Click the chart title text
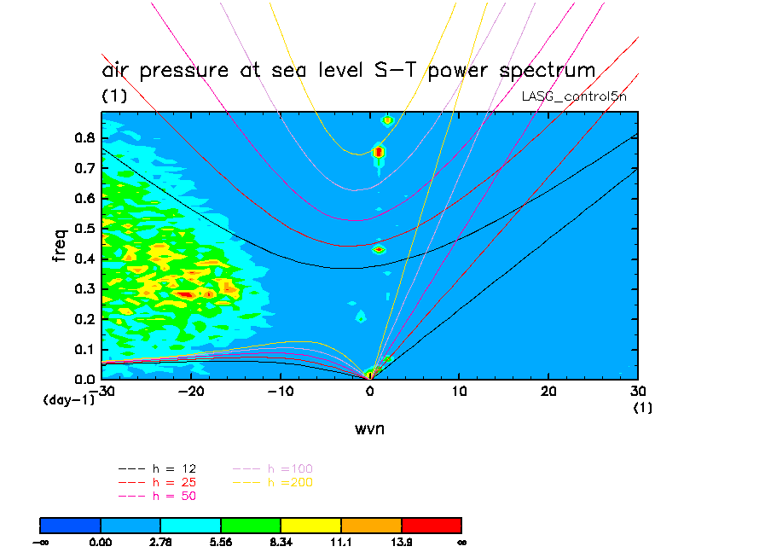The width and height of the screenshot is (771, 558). (348, 70)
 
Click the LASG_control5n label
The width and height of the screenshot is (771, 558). (579, 96)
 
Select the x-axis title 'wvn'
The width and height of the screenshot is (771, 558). (369, 428)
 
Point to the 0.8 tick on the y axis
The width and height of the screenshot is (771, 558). (83, 137)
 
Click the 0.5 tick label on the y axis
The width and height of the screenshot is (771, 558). (83, 229)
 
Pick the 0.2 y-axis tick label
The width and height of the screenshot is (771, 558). (83, 319)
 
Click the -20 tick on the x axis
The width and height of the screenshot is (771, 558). (191, 391)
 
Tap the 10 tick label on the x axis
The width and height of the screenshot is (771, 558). (459, 391)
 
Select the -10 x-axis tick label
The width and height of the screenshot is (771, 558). (281, 391)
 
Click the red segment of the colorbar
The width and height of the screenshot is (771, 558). (431, 525)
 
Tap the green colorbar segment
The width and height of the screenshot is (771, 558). (251, 525)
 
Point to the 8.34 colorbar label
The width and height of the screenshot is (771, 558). (281, 542)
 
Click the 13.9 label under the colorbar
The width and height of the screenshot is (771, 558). (401, 542)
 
